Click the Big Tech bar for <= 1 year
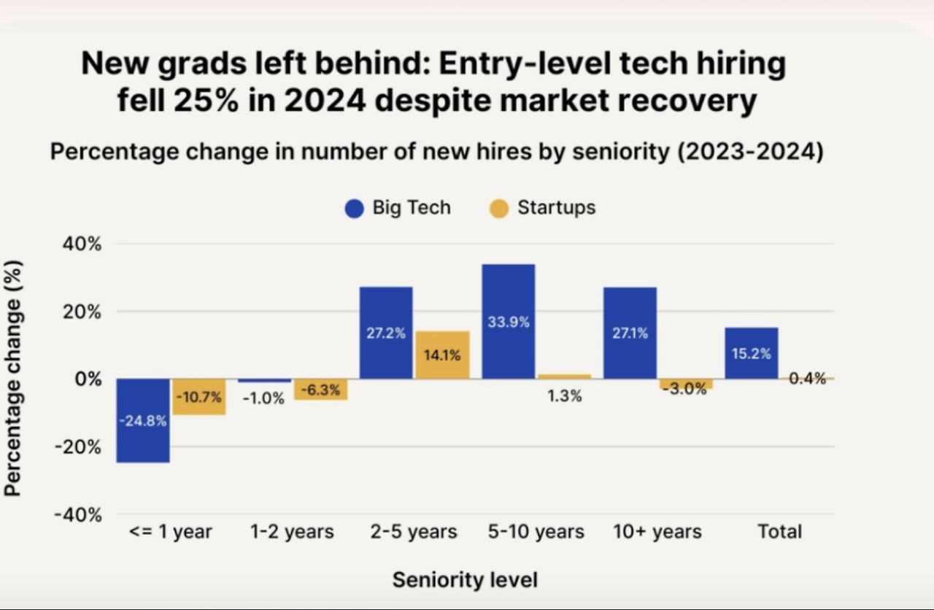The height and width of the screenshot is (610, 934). coord(143,420)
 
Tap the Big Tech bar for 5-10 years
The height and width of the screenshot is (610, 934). coord(509,321)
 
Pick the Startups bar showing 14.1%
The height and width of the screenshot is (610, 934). coord(442,355)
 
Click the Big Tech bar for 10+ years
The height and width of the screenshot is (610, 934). coord(630,333)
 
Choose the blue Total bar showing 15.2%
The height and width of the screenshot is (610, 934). coord(752,353)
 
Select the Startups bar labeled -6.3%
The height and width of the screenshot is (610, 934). coord(321,390)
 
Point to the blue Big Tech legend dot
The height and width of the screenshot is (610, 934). coord(355,209)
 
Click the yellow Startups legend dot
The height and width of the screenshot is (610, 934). coord(499,209)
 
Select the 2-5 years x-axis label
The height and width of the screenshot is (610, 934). coord(414,532)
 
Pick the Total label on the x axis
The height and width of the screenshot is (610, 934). coord(779,532)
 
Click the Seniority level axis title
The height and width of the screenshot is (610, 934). coord(465,580)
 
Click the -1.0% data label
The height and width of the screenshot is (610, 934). coord(263,398)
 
